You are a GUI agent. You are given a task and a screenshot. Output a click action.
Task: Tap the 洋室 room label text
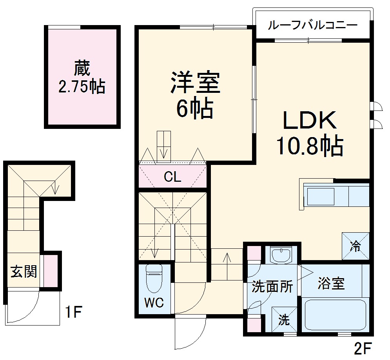pyautogui.click(x=195, y=82)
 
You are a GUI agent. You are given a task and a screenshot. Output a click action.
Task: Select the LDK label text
pyautogui.click(x=310, y=121)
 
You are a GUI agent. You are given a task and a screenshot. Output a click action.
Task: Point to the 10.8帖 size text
pyautogui.click(x=310, y=145)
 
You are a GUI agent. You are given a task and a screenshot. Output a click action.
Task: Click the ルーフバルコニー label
pyautogui.click(x=312, y=26)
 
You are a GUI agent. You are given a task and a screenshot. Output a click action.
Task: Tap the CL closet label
pyautogui.click(x=172, y=177)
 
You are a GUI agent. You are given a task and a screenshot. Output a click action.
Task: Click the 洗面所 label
pyautogui.click(x=272, y=287)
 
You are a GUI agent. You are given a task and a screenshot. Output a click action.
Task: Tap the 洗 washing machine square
pyautogui.click(x=283, y=319)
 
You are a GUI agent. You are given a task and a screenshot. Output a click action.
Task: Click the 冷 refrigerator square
pyautogui.click(x=356, y=246)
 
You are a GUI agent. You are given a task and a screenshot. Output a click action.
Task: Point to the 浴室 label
pyautogui.click(x=331, y=283)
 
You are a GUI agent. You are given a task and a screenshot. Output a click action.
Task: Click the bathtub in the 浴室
pyautogui.click(x=335, y=315)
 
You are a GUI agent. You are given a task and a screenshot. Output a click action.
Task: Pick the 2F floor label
pyautogui.click(x=361, y=347)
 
